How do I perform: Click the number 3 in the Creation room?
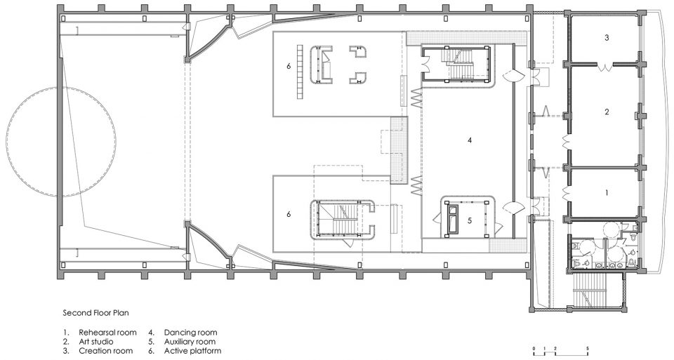click(607, 37)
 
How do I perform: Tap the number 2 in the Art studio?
click(607, 112)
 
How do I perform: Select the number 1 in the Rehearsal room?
click(607, 193)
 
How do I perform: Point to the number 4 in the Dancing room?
click(470, 140)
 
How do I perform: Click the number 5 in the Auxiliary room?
click(470, 220)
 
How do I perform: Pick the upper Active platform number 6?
click(289, 66)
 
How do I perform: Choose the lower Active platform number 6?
click(289, 214)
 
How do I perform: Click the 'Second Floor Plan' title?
click(96, 313)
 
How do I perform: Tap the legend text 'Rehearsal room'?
click(107, 332)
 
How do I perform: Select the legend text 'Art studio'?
click(96, 342)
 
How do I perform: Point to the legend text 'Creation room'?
click(106, 351)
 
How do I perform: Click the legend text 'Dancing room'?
click(190, 332)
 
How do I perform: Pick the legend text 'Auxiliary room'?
click(190, 342)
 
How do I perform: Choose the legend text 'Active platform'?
click(192, 351)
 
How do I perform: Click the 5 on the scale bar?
click(588, 347)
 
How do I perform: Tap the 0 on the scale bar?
click(534, 347)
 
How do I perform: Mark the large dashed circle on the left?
click(7, 142)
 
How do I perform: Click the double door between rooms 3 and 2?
click(606, 67)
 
